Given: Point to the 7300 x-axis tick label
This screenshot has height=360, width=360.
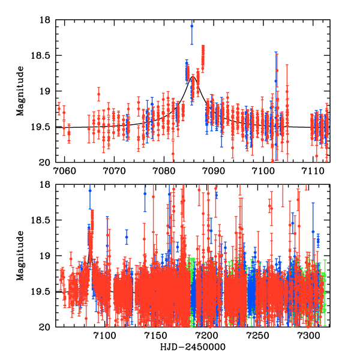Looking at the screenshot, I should click(x=309, y=335).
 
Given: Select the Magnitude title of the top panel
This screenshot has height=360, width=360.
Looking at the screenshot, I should click(x=20, y=91).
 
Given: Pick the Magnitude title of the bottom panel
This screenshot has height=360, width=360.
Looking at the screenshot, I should click(x=20, y=256).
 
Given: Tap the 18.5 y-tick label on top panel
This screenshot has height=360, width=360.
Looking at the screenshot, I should click(x=41, y=56).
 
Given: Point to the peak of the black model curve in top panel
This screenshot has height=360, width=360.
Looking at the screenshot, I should click(x=193, y=77).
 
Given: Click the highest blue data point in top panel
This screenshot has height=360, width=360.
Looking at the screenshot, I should click(x=192, y=26).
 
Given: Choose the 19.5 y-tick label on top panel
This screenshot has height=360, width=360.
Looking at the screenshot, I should click(x=41, y=127).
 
